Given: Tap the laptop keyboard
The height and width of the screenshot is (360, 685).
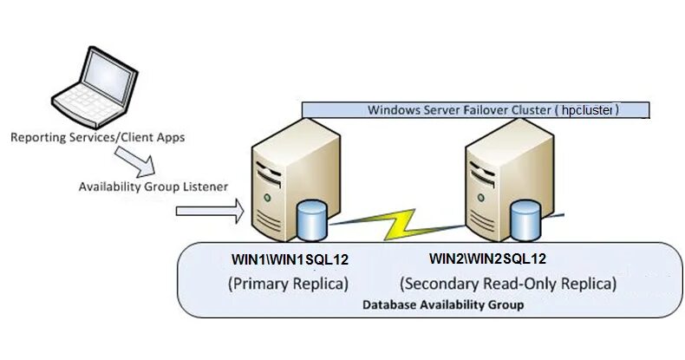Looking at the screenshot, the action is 87,104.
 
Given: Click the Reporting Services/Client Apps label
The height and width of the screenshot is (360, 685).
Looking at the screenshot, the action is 98,137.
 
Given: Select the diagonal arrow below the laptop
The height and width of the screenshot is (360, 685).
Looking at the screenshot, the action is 135,161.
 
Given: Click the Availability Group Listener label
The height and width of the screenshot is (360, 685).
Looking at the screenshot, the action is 153,187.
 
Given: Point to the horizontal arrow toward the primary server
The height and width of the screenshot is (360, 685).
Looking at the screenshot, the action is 210,211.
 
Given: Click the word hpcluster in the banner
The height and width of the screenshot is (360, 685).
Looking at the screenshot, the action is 587,109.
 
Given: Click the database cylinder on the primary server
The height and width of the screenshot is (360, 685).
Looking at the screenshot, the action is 311,220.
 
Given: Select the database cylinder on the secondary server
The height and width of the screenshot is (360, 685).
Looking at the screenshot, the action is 525,220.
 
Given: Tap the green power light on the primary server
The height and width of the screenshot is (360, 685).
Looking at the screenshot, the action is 267,198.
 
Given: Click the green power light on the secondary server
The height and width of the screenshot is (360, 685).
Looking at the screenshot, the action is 481,198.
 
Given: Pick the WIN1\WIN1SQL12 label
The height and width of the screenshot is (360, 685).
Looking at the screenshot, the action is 290,259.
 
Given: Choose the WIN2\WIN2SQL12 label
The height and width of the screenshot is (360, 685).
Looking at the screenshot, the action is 487,259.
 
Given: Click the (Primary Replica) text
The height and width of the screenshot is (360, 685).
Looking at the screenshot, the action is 289,284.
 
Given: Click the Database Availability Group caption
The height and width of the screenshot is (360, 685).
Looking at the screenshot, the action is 443,304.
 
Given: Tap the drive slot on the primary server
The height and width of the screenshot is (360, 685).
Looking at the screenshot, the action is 269,173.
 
